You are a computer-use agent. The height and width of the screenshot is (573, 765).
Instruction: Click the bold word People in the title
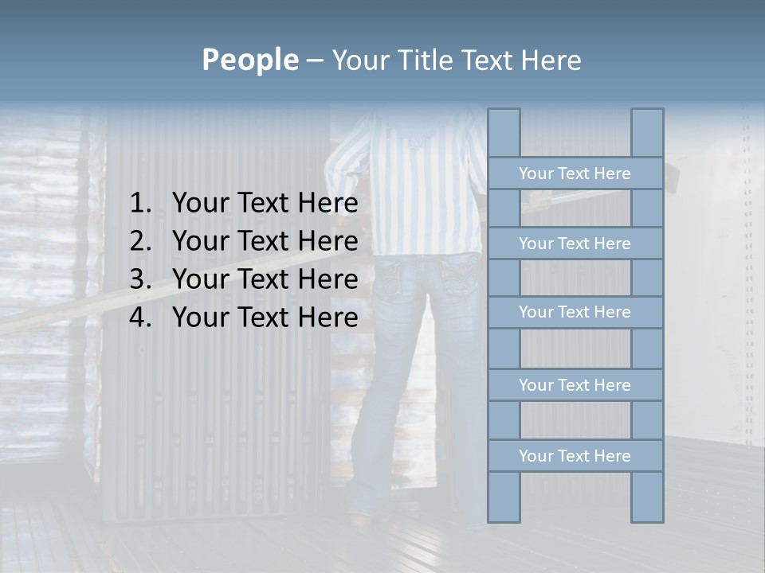[249, 60]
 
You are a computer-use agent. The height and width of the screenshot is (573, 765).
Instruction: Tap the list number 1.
[139, 204]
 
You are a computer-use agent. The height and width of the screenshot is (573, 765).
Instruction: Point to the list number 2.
[139, 241]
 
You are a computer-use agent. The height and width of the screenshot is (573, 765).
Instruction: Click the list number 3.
[139, 279]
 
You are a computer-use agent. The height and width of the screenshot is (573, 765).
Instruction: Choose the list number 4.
[139, 318]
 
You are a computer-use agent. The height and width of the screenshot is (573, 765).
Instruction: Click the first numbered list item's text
[265, 204]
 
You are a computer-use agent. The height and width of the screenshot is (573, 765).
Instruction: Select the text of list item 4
[265, 318]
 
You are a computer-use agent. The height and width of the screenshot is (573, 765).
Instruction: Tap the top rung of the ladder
[575, 173]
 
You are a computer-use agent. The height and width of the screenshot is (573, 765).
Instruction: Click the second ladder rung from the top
[575, 244]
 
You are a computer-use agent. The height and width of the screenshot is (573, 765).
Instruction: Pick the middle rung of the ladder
[575, 312]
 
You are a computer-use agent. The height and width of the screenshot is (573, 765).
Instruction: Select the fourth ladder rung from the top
[575, 385]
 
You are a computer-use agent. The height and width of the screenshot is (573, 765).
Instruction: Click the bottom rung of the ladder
[575, 456]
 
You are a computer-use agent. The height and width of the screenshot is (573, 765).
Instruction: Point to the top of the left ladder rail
[504, 119]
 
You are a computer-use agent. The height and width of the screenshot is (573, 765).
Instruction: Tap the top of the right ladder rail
[647, 119]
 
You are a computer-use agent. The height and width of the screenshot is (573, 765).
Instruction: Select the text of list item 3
[265, 279]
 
